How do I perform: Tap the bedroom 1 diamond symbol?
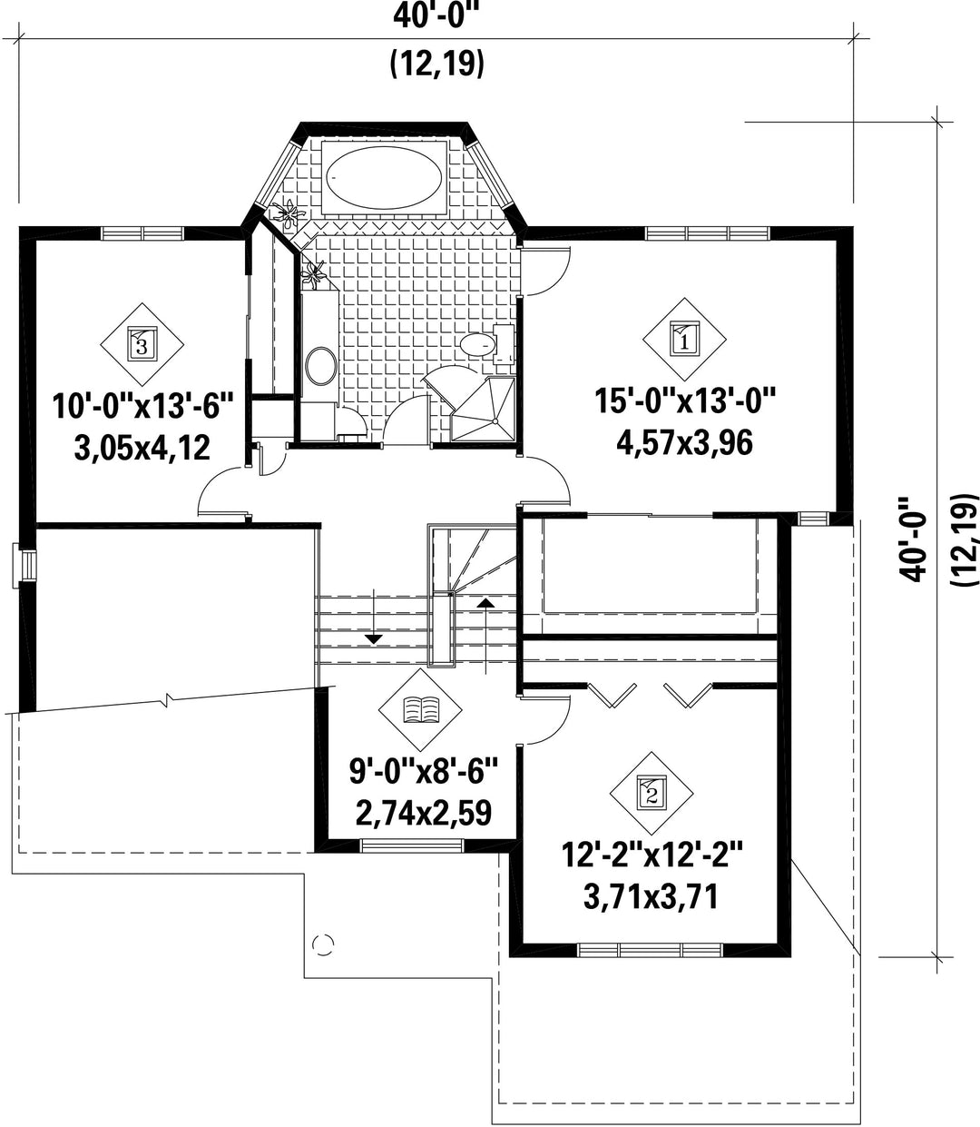pyautogui.click(x=684, y=339)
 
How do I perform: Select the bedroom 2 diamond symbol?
pyautogui.click(x=652, y=793)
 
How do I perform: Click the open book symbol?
pyautogui.click(x=421, y=709)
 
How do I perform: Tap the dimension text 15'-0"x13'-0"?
pyautogui.click(x=684, y=401)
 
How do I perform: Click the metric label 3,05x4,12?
pyautogui.click(x=142, y=449)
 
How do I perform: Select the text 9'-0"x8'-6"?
pyautogui.click(x=423, y=771)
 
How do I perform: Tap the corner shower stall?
pyautogui.click(x=483, y=409)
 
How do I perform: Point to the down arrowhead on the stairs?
pyautogui.click(x=374, y=639)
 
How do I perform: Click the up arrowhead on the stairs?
pyautogui.click(x=485, y=603)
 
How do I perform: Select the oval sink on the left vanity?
pyautogui.click(x=321, y=365)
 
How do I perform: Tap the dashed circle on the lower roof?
pyautogui.click(x=323, y=945)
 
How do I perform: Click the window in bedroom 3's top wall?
pyautogui.click(x=142, y=233)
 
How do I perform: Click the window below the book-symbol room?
pyautogui.click(x=412, y=845)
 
